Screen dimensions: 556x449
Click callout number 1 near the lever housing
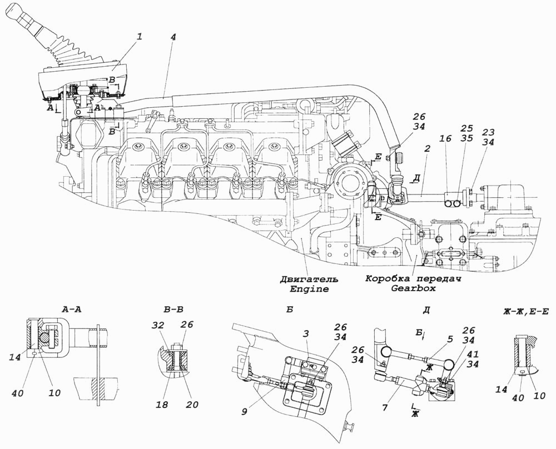pyautogui.click(x=140, y=37)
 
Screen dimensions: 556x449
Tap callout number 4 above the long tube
pyautogui.click(x=173, y=37)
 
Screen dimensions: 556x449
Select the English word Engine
pyautogui.click(x=309, y=289)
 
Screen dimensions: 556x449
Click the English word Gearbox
pyautogui.click(x=413, y=288)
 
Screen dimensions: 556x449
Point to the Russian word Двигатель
pyautogui.click(x=309, y=279)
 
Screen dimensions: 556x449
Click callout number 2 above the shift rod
pyautogui.click(x=426, y=148)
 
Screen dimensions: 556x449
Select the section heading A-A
pyautogui.click(x=71, y=310)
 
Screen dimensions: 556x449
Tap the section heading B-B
pyautogui.click(x=173, y=310)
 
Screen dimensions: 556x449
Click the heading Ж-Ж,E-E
pyautogui.click(x=526, y=312)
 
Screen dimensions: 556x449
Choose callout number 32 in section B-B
pyautogui.click(x=158, y=325)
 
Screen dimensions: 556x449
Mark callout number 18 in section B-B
pyautogui.click(x=162, y=404)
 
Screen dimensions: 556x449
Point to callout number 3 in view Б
pyautogui.click(x=306, y=333)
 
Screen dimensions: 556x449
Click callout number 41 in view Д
pyautogui.click(x=473, y=355)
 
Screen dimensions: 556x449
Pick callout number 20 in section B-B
pyautogui.click(x=192, y=404)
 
